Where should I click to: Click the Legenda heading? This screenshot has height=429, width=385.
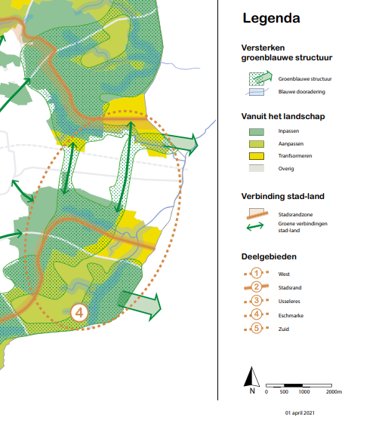[271, 18]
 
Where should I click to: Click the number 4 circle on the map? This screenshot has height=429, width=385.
[79, 311]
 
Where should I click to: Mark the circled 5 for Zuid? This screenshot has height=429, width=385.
[257, 328]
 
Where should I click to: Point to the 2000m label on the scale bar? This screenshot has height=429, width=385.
[334, 392]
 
